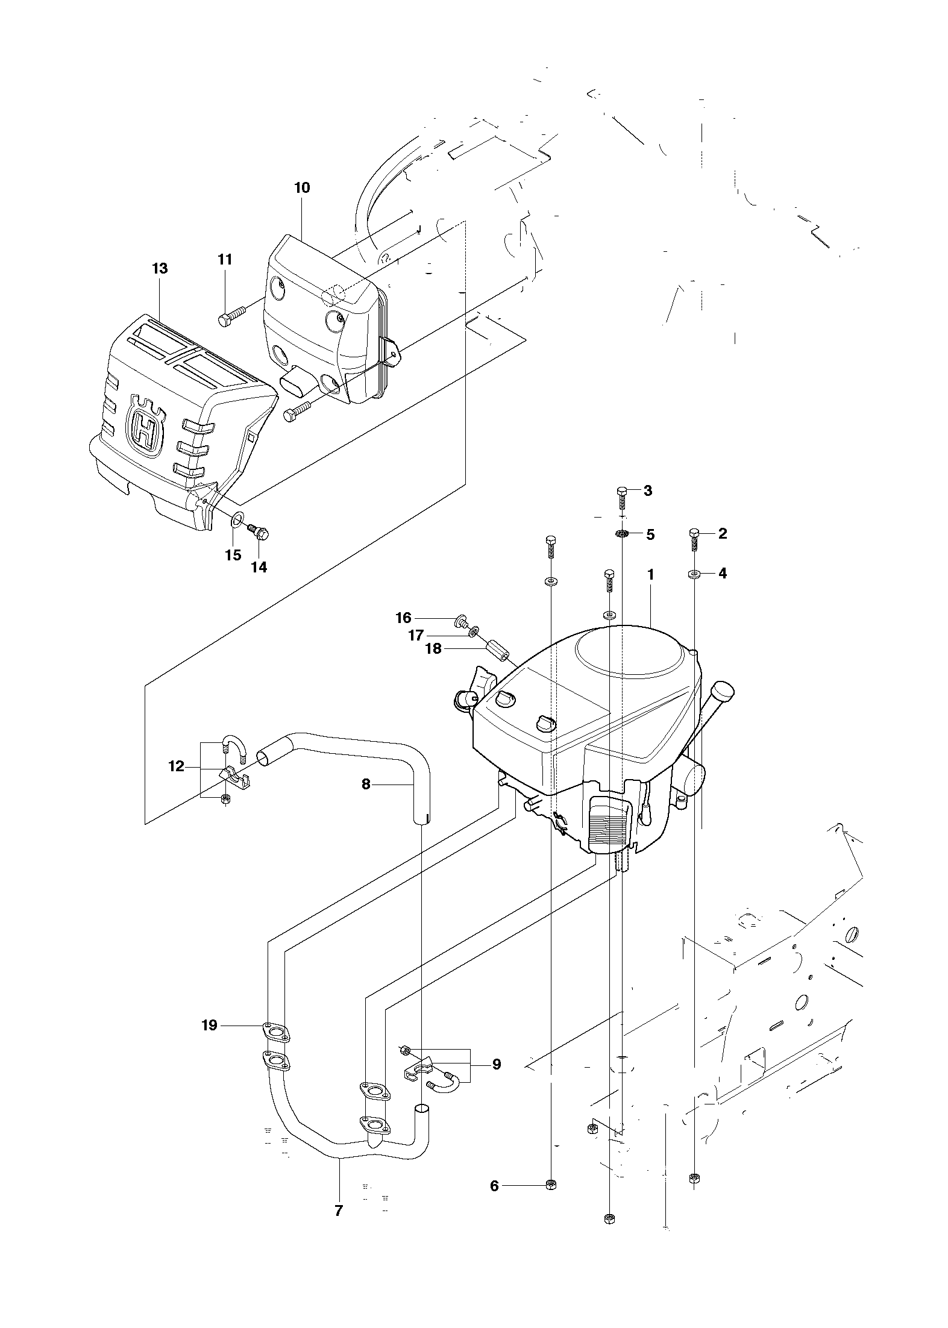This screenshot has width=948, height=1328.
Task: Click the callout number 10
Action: point(302,187)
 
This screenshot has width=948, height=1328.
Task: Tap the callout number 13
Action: point(160,268)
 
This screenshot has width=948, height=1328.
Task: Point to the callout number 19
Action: point(209,1025)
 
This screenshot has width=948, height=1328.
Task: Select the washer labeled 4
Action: point(694,574)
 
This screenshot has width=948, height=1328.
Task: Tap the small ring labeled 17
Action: point(475,630)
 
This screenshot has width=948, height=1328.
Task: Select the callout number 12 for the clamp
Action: point(176,767)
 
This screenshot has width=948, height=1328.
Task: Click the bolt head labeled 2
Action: point(694,533)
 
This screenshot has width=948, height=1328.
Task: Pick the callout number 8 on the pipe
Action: point(366,785)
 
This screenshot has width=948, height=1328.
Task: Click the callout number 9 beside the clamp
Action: point(497,1064)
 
